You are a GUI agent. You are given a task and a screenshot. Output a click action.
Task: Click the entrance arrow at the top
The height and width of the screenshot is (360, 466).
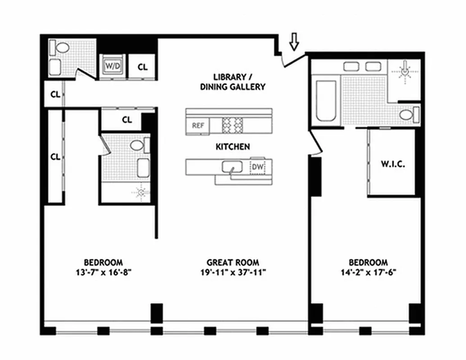click(294, 41)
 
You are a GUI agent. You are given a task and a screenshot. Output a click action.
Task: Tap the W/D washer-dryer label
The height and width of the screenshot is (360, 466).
click(113, 66)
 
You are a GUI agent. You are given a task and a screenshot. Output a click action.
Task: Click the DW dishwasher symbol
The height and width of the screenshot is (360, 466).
click(258, 167)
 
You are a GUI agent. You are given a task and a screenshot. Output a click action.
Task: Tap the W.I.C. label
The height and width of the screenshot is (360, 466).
click(393, 164)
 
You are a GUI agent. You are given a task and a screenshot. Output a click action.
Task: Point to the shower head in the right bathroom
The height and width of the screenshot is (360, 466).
click(406, 71)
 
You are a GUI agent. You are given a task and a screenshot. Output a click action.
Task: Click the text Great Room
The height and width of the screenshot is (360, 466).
click(233, 262)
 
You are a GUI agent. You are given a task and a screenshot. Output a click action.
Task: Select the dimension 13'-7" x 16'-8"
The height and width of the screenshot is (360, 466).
click(103, 272)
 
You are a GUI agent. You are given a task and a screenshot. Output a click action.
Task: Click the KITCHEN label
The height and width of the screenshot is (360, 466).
click(233, 147)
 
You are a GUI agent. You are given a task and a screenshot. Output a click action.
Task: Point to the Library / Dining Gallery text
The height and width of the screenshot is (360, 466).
click(233, 82)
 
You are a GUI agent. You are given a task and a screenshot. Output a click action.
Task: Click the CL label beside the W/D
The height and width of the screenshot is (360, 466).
click(142, 67)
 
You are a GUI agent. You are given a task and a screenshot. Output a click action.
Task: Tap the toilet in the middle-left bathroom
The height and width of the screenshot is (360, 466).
click(137, 145)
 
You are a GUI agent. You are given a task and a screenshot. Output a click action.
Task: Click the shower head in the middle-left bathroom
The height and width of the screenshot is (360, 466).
click(141, 193)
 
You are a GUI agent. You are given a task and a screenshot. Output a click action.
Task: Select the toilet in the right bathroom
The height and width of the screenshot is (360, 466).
click(409, 115)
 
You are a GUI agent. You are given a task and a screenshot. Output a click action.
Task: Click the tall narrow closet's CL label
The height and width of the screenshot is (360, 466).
click(55, 157)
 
